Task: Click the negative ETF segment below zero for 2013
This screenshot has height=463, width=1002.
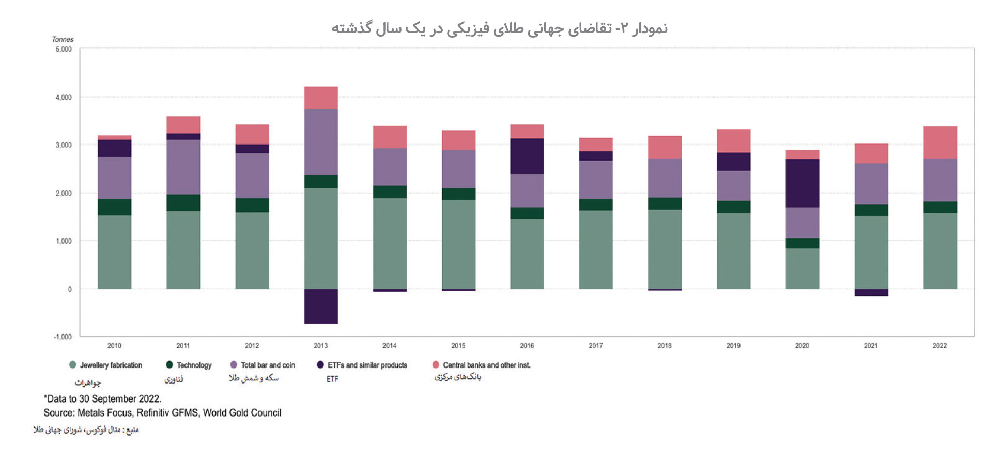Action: (321, 306)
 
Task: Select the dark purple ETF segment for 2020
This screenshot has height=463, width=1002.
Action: (802, 183)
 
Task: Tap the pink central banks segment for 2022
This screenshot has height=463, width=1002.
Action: (940, 142)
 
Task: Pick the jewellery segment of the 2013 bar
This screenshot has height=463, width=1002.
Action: (321, 238)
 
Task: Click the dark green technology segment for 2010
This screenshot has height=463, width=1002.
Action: (114, 207)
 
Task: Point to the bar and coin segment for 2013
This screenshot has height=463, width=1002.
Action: (321, 142)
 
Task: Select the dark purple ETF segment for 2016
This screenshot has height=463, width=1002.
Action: (527, 156)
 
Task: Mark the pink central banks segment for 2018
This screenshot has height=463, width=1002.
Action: (665, 147)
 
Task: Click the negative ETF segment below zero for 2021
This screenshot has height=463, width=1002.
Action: (871, 292)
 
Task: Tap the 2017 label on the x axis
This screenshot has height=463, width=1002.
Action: (595, 346)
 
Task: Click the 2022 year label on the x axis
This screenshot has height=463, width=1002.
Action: (939, 346)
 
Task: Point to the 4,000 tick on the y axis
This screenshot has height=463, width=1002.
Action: (64, 97)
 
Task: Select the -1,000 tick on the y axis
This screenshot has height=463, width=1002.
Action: (63, 337)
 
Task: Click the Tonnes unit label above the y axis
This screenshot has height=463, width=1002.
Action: (63, 39)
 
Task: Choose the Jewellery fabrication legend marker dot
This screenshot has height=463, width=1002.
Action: (73, 365)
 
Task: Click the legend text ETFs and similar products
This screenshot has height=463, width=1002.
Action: (367, 365)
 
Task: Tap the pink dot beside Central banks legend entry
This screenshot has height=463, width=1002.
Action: (436, 365)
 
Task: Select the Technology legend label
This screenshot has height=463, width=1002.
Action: (194, 365)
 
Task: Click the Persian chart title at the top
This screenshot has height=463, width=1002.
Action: (499, 28)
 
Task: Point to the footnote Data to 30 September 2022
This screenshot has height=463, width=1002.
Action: (102, 398)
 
